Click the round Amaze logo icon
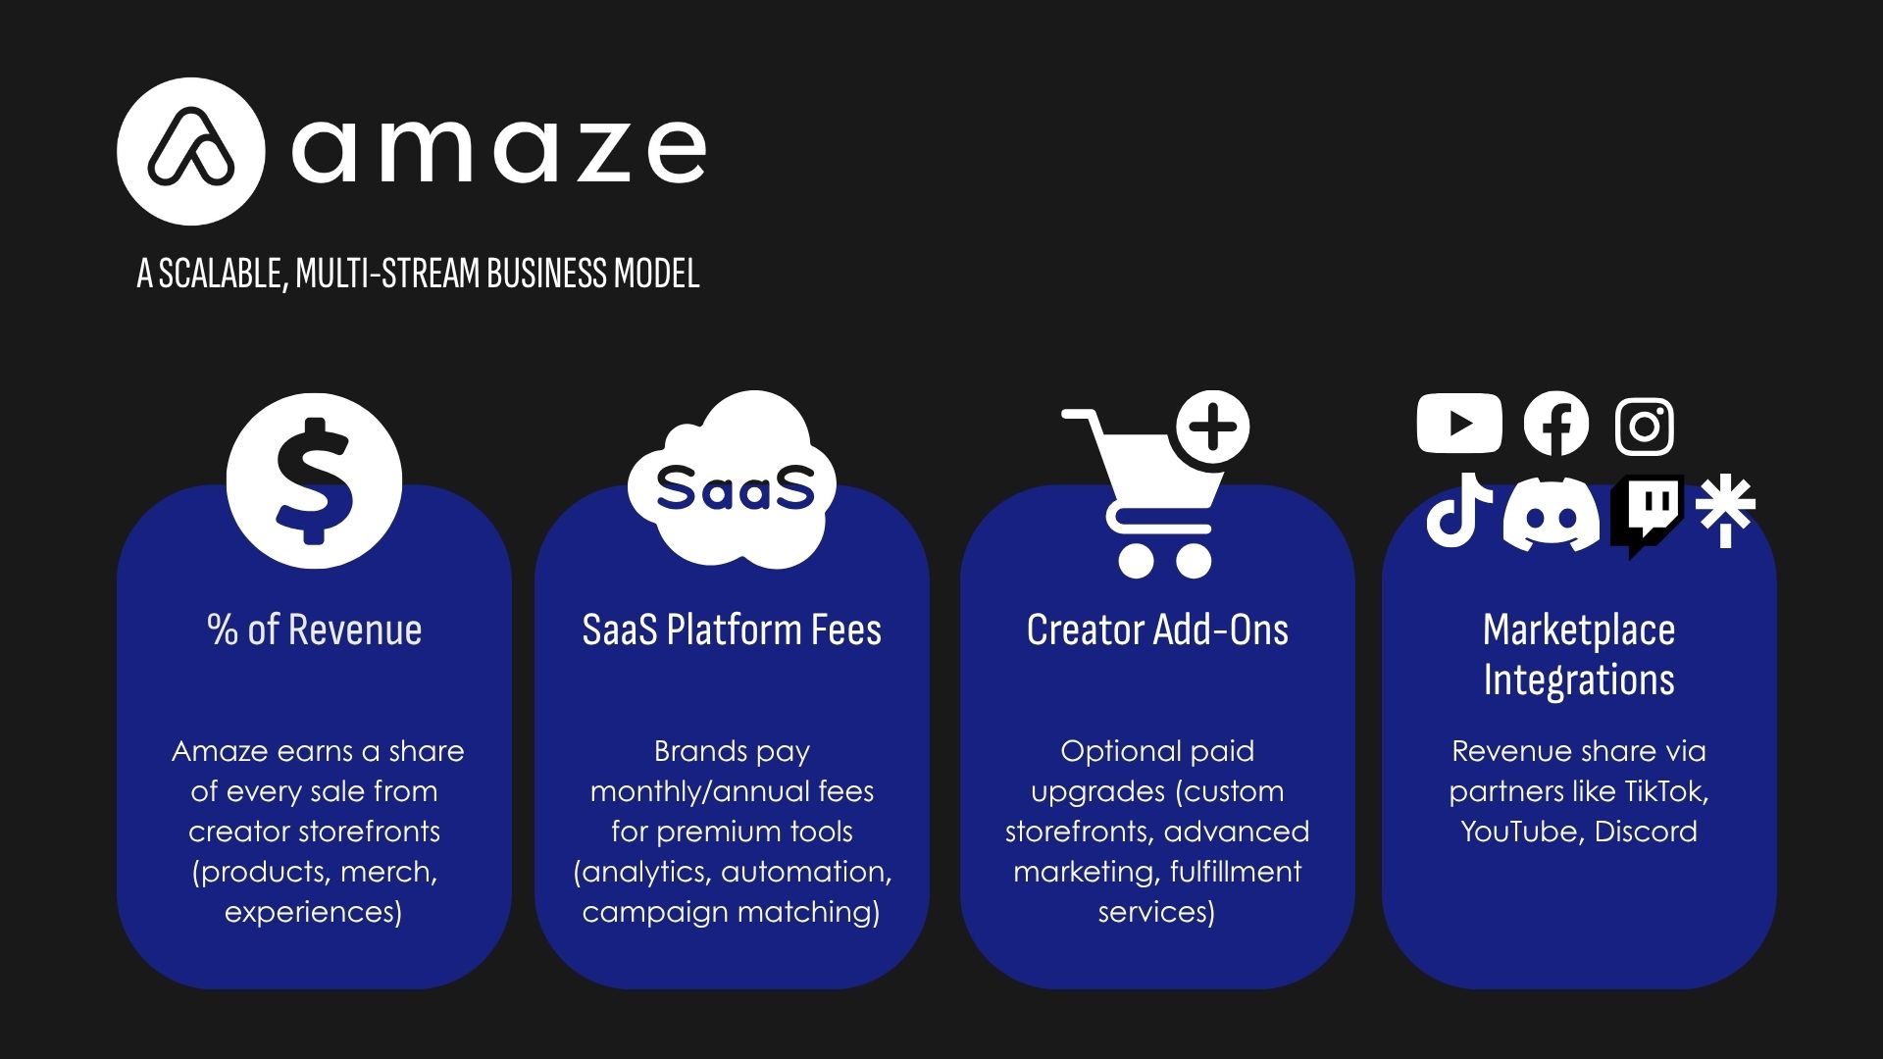190,152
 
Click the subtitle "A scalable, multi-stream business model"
418,274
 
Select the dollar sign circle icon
314,480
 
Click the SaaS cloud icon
732,480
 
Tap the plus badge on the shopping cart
1213,428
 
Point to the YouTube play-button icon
1459,424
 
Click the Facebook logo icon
1556,424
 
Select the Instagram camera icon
1645,426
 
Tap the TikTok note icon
1458,510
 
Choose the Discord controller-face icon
1551,514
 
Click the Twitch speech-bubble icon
1648,516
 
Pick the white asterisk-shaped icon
1725,510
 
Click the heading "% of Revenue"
315,630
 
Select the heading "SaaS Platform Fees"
732,630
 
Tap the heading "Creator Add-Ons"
1157,630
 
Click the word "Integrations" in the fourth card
1579,681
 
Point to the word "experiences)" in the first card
314,913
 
